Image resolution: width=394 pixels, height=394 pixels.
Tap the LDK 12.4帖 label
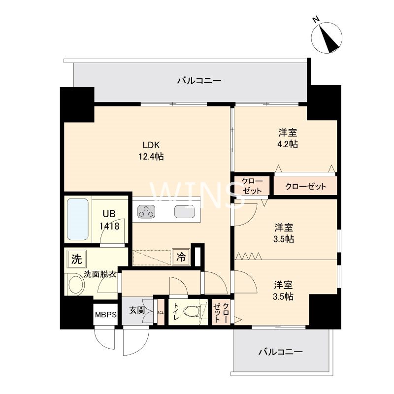(151, 151)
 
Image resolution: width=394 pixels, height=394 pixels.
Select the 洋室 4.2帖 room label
(288, 138)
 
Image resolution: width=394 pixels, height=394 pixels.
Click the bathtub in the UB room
(78, 219)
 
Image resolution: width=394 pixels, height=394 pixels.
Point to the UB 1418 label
(109, 220)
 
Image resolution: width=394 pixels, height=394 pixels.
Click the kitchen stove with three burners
(146, 212)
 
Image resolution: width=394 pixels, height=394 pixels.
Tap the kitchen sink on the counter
(185, 212)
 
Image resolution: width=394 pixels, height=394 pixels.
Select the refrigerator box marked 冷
(181, 257)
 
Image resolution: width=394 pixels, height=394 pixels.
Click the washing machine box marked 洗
(77, 259)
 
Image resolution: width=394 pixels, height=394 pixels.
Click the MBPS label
(106, 314)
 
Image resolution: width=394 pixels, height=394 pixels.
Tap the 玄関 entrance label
(137, 310)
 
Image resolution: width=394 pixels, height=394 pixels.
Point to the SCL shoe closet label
(161, 313)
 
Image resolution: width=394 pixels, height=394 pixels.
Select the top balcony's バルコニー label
(199, 81)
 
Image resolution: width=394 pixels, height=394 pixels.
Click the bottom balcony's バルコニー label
(281, 352)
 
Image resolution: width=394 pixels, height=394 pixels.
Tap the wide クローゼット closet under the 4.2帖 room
(305, 186)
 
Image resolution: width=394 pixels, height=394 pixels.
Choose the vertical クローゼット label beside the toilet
(221, 313)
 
